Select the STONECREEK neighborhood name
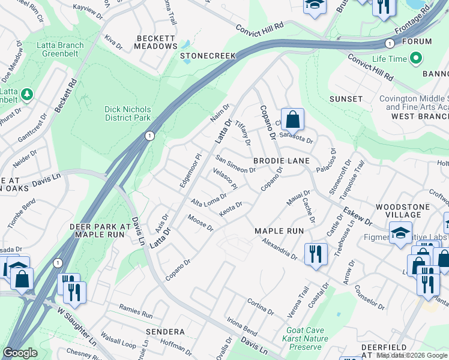[x=208, y=56]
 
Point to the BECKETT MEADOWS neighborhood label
[x=155, y=41]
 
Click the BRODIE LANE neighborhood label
[x=281, y=161]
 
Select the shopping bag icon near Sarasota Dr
[x=292, y=120]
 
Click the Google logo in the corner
[x=20, y=353]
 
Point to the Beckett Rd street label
[x=65, y=95]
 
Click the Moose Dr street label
[x=200, y=223]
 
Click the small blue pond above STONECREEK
[x=186, y=44]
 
